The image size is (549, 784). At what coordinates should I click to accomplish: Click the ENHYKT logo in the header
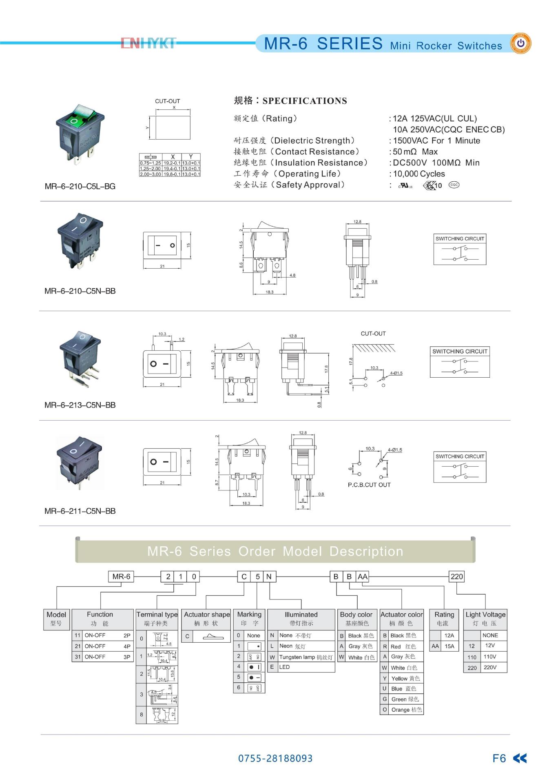[148, 43]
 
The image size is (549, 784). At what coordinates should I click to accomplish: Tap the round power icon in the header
[521, 43]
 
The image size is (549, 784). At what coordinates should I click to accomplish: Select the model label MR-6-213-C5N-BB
[80, 405]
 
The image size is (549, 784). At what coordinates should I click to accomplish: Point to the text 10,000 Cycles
[419, 174]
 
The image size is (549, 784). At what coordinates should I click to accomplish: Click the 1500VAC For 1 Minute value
[436, 141]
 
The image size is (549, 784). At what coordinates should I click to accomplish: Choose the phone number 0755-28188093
[275, 758]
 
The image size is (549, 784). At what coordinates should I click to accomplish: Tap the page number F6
[499, 758]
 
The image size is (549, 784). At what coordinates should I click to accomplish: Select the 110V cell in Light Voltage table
[489, 657]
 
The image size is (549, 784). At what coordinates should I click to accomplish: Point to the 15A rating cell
[449, 646]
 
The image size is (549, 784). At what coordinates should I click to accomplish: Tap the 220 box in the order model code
[456, 577]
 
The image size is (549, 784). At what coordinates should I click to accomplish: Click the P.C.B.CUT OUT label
[369, 485]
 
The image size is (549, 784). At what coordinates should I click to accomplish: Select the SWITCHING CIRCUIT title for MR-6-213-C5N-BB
[460, 351]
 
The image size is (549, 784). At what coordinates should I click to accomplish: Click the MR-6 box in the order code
[121, 577]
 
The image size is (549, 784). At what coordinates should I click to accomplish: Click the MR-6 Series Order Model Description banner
[275, 551]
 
